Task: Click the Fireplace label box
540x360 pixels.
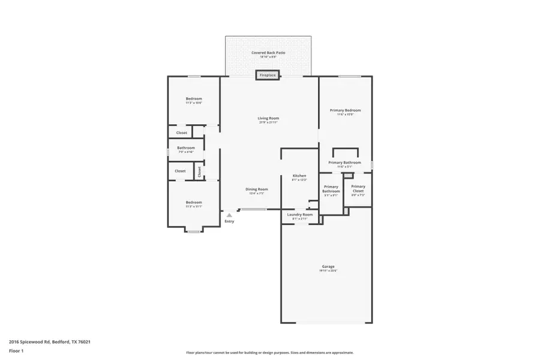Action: [x=268, y=75]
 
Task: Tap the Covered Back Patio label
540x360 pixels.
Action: [x=268, y=53]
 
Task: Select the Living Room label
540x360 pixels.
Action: [x=268, y=118]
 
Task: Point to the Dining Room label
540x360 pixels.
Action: [x=256, y=190]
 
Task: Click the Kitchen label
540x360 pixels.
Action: [x=299, y=176]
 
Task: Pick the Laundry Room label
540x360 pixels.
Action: [x=299, y=215]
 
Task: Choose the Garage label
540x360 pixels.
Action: [x=328, y=266]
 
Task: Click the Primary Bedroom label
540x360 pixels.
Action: [x=345, y=110]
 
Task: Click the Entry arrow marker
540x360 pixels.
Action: [x=229, y=215]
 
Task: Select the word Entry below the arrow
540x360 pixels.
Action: [x=229, y=221]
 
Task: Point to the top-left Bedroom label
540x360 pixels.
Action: [x=194, y=98]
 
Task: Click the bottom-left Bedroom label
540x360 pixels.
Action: [x=194, y=202]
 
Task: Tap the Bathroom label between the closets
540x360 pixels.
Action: [x=186, y=148]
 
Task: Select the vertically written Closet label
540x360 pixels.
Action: [x=199, y=172]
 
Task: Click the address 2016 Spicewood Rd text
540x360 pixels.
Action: [x=50, y=341]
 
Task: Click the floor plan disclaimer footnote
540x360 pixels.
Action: [x=269, y=353]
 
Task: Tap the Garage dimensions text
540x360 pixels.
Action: [x=328, y=271]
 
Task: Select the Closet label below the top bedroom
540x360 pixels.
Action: [x=181, y=133]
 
